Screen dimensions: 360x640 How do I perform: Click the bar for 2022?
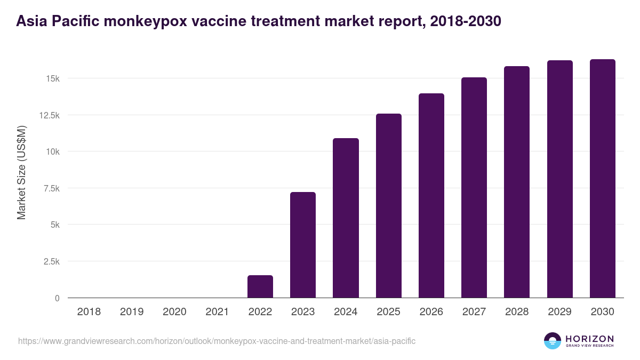[x=260, y=287]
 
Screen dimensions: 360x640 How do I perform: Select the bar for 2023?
[x=303, y=245]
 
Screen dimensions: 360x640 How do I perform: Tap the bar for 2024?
[x=346, y=219]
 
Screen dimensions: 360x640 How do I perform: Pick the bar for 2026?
[x=431, y=196]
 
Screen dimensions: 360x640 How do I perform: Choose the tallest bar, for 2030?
[x=603, y=179]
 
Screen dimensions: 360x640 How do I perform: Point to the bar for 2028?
[x=517, y=182]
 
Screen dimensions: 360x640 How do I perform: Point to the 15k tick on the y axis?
[x=52, y=78]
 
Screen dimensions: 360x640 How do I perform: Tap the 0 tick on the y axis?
[x=57, y=298]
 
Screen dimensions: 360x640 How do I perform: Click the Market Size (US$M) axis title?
[x=21, y=173]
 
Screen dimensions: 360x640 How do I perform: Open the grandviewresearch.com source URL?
[x=217, y=341]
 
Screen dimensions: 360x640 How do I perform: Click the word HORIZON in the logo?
[x=589, y=339]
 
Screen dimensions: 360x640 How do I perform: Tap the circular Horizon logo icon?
[x=553, y=341]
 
